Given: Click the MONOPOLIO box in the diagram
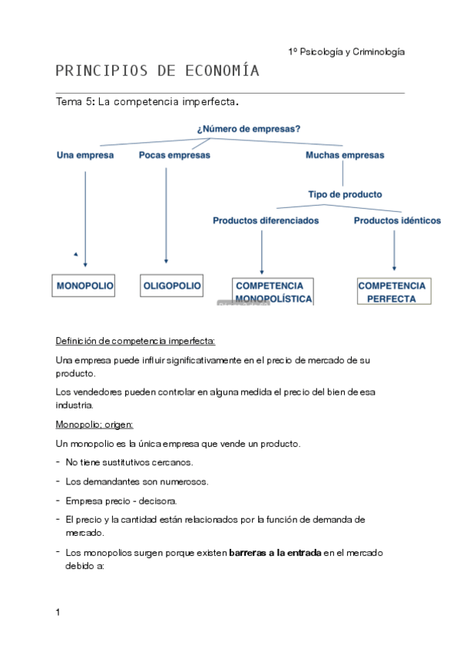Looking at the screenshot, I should pyautogui.click(x=84, y=286).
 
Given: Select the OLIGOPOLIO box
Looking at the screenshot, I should pyautogui.click(x=172, y=286).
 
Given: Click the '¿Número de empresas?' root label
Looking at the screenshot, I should pyautogui.click(x=237, y=129).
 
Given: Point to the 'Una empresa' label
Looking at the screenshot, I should pyautogui.click(x=84, y=155).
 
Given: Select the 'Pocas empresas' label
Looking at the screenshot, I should pyautogui.click(x=174, y=155).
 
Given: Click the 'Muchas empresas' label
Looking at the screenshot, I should pyautogui.click(x=345, y=155).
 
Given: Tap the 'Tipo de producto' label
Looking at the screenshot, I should pyautogui.click(x=345, y=194).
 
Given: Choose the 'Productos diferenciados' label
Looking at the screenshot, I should pyautogui.click(x=266, y=220).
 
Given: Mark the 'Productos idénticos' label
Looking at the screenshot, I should pyautogui.click(x=397, y=220).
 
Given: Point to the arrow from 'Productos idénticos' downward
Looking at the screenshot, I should pyautogui.click(x=395, y=249).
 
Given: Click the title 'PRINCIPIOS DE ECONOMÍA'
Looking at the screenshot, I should pyautogui.click(x=157, y=72).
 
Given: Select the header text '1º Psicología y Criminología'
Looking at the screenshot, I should pyautogui.click(x=346, y=51).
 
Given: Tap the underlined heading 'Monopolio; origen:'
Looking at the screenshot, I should pyautogui.click(x=94, y=424).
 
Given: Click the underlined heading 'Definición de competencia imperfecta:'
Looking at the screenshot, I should pyautogui.click(x=136, y=340).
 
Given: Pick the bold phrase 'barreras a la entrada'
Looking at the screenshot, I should pyautogui.click(x=275, y=553).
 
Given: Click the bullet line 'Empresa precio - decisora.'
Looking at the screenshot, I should pyautogui.click(x=121, y=501).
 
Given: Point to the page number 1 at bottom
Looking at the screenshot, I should pyautogui.click(x=58, y=612).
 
